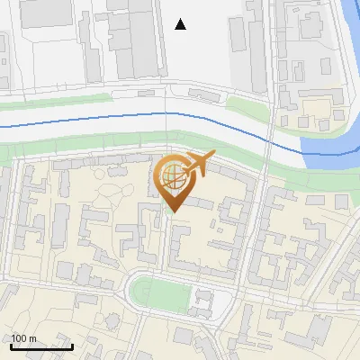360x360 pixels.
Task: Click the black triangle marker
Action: coord(181,24)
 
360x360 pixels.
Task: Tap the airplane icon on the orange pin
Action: coord(200,165)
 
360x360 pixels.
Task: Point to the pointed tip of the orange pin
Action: coord(173,211)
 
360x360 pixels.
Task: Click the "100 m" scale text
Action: coord(23,338)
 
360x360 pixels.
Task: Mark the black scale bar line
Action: coord(41,346)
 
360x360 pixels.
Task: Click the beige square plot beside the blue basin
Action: coord(318,112)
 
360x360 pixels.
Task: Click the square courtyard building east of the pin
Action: coord(231,212)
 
